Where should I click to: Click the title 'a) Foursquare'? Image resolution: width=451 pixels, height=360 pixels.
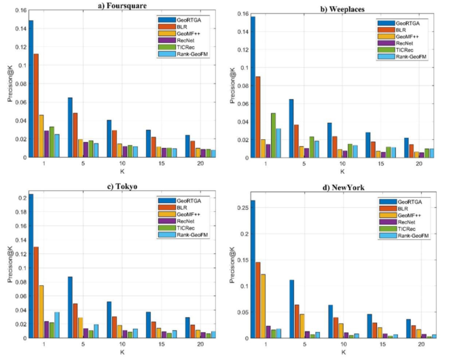click(119, 5)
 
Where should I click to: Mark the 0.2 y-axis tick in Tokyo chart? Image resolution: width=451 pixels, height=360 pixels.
click(20, 198)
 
